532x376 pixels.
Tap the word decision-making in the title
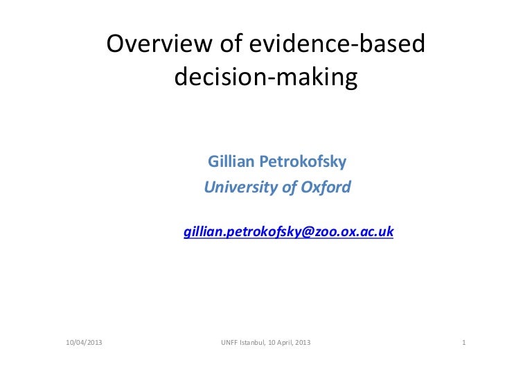pyautogui.click(x=265, y=78)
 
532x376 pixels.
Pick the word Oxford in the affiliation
pyautogui.click(x=326, y=187)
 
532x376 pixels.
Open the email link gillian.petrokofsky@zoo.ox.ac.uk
pyautogui.click(x=288, y=232)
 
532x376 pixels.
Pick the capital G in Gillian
pyautogui.click(x=212, y=163)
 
